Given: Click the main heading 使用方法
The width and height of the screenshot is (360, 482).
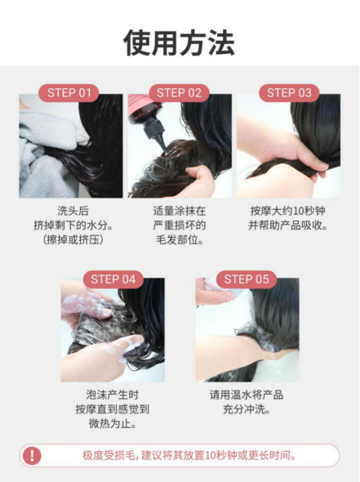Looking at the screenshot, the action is tap(180, 42).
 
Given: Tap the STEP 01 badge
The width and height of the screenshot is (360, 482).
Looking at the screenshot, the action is tap(69, 93).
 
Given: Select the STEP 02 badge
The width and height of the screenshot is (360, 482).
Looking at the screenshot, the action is tap(179, 93).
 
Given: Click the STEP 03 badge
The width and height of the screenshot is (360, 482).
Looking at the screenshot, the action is tap(289, 93).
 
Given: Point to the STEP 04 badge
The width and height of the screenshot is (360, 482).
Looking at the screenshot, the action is tap(113, 279).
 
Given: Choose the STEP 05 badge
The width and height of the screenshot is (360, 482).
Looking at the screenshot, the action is tap(247, 279).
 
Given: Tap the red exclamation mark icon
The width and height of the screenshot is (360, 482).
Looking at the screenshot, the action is tap(32, 455).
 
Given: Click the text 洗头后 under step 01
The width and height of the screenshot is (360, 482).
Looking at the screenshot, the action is tap(73, 211).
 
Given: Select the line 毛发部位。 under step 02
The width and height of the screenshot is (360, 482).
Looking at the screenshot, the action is tap(180, 239).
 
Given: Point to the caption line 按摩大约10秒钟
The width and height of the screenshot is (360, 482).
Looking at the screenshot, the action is tap(288, 211).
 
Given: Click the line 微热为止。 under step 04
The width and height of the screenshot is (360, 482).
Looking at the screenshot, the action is tap(112, 424).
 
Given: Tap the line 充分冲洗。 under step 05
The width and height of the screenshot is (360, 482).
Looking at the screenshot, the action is tap(247, 409).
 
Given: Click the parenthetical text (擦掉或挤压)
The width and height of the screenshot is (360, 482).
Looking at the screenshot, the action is tap(73, 239).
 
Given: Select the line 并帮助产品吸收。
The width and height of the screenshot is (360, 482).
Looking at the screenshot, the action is tap(288, 225).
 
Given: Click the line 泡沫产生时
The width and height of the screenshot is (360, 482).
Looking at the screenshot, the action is tap(112, 395).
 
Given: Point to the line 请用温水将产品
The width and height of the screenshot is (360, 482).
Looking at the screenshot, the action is tap(247, 395).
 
